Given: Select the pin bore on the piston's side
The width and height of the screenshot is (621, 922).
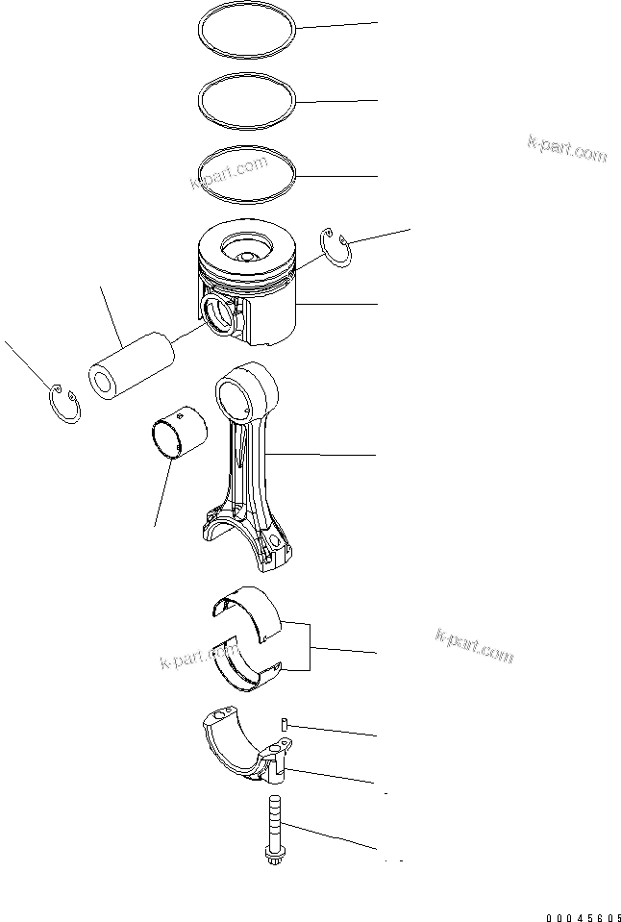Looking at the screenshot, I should click(x=219, y=314).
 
